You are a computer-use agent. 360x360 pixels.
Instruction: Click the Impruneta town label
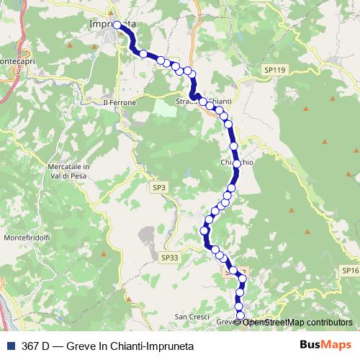[x=113, y=24]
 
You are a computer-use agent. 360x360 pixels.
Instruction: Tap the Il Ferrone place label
[x=119, y=102]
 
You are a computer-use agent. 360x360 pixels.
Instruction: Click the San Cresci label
[x=191, y=317]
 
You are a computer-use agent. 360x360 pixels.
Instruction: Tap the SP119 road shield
[x=274, y=70]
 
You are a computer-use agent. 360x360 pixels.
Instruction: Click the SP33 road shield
[x=170, y=257]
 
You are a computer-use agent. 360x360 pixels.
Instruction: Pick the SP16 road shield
[x=351, y=270]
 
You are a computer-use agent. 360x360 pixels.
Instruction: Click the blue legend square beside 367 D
[x=9, y=346]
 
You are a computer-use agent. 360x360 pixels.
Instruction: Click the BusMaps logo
[x=325, y=345]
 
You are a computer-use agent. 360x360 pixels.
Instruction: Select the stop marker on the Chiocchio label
[x=236, y=163]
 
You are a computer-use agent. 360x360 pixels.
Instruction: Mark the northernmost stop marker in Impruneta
[x=116, y=24]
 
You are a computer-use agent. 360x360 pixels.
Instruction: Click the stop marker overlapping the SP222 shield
[x=233, y=272]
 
